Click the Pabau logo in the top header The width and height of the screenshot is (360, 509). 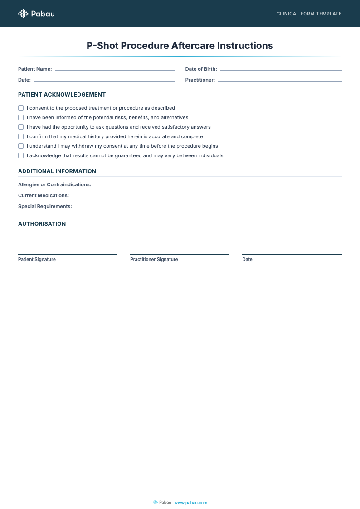[36, 14]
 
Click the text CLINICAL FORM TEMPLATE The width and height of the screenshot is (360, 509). [309, 14]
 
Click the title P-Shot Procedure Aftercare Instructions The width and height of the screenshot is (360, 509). [180, 46]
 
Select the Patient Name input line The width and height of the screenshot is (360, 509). [114, 70]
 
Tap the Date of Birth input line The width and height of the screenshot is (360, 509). [280, 70]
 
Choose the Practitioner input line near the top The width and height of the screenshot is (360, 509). [279, 81]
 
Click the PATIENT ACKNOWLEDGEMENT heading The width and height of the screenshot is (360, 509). [62, 95]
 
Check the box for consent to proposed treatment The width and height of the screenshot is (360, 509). [21, 108]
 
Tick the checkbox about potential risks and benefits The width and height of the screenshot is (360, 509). [21, 117]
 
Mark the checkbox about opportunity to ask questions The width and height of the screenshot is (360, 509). [21, 127]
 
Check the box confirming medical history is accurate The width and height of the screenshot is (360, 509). [21, 136]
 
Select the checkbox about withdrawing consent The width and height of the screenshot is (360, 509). [21, 146]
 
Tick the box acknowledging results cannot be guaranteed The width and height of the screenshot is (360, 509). [21, 155]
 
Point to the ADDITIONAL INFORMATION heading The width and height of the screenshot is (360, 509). [57, 171]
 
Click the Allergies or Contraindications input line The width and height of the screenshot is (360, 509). [218, 185]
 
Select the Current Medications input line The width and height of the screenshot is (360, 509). [207, 196]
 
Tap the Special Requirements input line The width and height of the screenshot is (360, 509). [209, 207]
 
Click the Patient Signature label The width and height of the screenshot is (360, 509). [37, 259]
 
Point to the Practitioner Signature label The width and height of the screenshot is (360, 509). [154, 259]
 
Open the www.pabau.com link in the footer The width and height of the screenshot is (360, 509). [190, 502]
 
